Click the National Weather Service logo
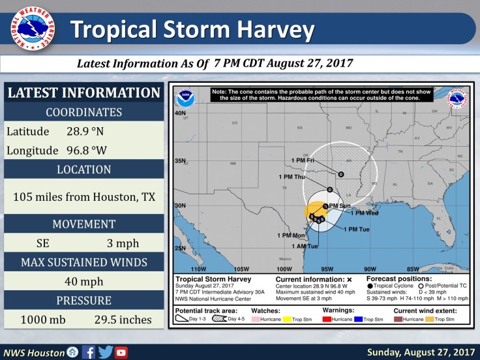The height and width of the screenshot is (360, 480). [33, 29]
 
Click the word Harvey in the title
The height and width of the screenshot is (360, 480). [267, 29]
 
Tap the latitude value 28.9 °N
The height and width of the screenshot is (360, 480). [85, 131]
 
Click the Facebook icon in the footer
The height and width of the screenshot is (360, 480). [89, 352]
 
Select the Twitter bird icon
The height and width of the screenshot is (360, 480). [105, 352]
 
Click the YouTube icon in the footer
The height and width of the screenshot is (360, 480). [121, 352]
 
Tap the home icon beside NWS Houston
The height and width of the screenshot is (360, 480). [73, 352]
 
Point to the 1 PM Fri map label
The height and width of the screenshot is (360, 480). [302, 160]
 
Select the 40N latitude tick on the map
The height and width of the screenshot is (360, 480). [179, 113]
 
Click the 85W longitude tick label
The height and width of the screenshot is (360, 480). [412, 269]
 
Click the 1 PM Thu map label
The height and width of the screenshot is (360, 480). [292, 177]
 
